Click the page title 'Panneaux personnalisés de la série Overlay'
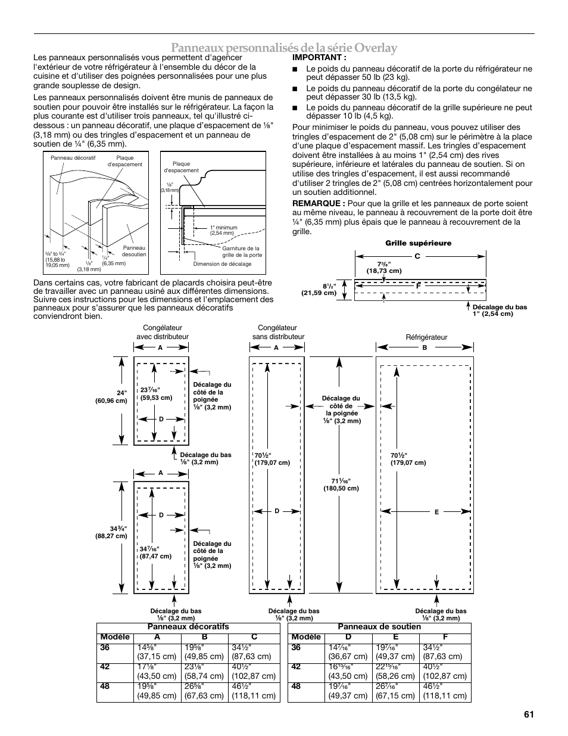(x=283, y=48)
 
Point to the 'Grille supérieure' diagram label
(x=418, y=243)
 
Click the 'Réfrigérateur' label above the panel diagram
(x=426, y=337)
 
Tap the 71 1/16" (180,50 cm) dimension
(x=341, y=485)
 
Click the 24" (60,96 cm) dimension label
(x=112, y=397)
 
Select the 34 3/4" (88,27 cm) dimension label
(x=112, y=532)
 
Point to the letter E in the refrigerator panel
(x=436, y=512)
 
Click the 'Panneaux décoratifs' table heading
(x=188, y=627)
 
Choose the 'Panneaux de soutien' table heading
(x=379, y=627)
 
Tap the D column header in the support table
(x=348, y=637)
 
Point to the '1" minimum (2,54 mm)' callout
(x=223, y=230)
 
